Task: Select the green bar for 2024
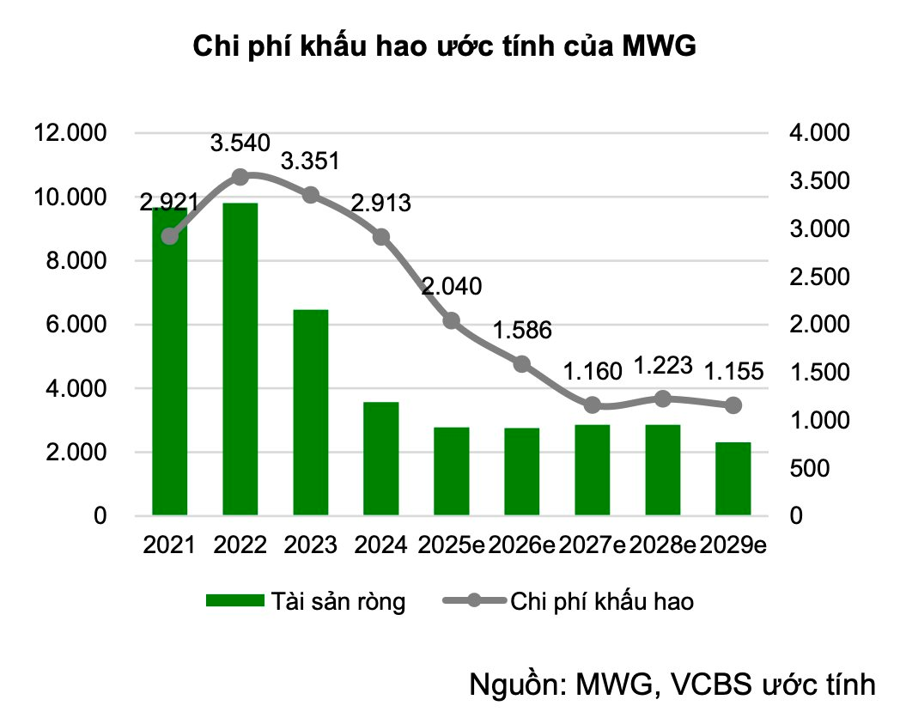(381, 459)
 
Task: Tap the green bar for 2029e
(733, 478)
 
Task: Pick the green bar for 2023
(311, 412)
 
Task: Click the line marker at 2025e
(452, 321)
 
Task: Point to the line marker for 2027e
(593, 405)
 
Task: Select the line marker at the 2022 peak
(240, 177)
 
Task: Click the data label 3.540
(240, 143)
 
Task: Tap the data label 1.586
(522, 330)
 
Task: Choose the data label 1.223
(662, 366)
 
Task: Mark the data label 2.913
(381, 204)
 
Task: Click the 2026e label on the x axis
(522, 545)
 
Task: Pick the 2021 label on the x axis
(169, 545)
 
